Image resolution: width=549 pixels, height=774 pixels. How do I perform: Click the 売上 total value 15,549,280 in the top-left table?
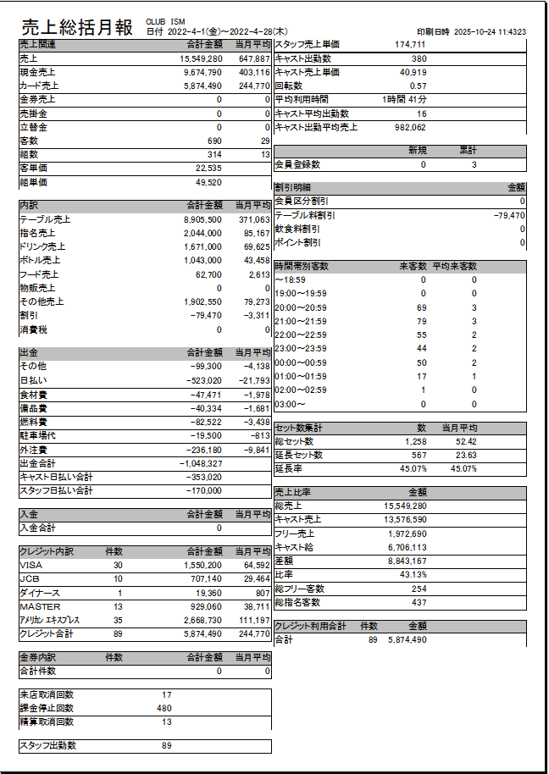point(202,59)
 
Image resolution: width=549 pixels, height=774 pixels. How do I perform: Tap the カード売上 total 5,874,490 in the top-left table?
point(202,86)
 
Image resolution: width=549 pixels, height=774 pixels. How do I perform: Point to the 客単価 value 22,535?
point(208,169)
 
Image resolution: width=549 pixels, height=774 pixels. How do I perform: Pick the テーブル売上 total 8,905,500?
point(202,219)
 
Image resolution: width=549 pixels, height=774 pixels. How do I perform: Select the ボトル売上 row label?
point(40,260)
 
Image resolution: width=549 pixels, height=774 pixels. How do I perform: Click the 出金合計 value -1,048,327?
point(201,464)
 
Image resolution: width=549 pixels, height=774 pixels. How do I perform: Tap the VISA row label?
point(30,565)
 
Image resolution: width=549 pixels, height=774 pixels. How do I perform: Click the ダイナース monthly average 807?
point(262,593)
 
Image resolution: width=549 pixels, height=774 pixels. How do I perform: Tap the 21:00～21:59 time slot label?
point(301,321)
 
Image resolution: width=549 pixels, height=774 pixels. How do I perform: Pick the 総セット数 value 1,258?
point(415,442)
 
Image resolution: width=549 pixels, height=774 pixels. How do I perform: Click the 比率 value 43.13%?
point(413,574)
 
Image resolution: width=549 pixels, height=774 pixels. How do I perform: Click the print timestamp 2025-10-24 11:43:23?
point(491,31)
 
